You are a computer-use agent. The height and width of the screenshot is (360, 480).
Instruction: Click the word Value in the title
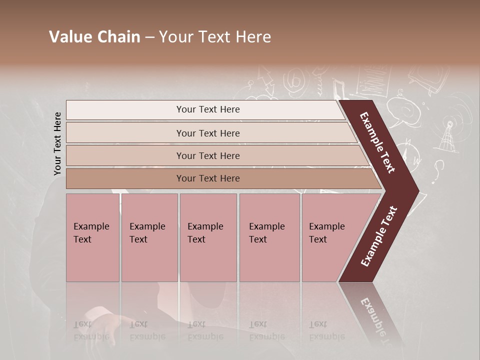[70, 37]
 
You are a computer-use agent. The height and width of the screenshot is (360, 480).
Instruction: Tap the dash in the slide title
[149, 37]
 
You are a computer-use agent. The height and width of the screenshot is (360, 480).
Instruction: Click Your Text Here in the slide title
[215, 37]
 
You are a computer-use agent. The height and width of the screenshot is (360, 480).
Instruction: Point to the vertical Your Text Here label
[57, 143]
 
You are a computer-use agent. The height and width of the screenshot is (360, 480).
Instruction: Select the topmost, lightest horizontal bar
[205, 110]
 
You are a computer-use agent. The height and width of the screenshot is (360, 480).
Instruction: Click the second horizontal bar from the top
[210, 133]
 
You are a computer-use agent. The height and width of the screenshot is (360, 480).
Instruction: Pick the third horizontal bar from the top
[215, 155]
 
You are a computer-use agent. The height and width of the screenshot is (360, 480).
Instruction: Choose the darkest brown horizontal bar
[220, 178]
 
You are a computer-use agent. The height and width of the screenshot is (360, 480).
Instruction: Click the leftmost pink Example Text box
[92, 237]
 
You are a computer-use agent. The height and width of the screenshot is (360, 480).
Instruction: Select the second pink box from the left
[149, 237]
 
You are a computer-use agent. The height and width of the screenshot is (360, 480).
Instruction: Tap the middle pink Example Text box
[208, 237]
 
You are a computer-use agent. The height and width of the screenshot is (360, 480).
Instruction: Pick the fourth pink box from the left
[269, 237]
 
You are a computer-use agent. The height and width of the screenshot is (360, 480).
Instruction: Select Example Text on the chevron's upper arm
[377, 142]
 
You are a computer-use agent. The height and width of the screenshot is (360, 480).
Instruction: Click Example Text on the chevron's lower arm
[379, 236]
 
